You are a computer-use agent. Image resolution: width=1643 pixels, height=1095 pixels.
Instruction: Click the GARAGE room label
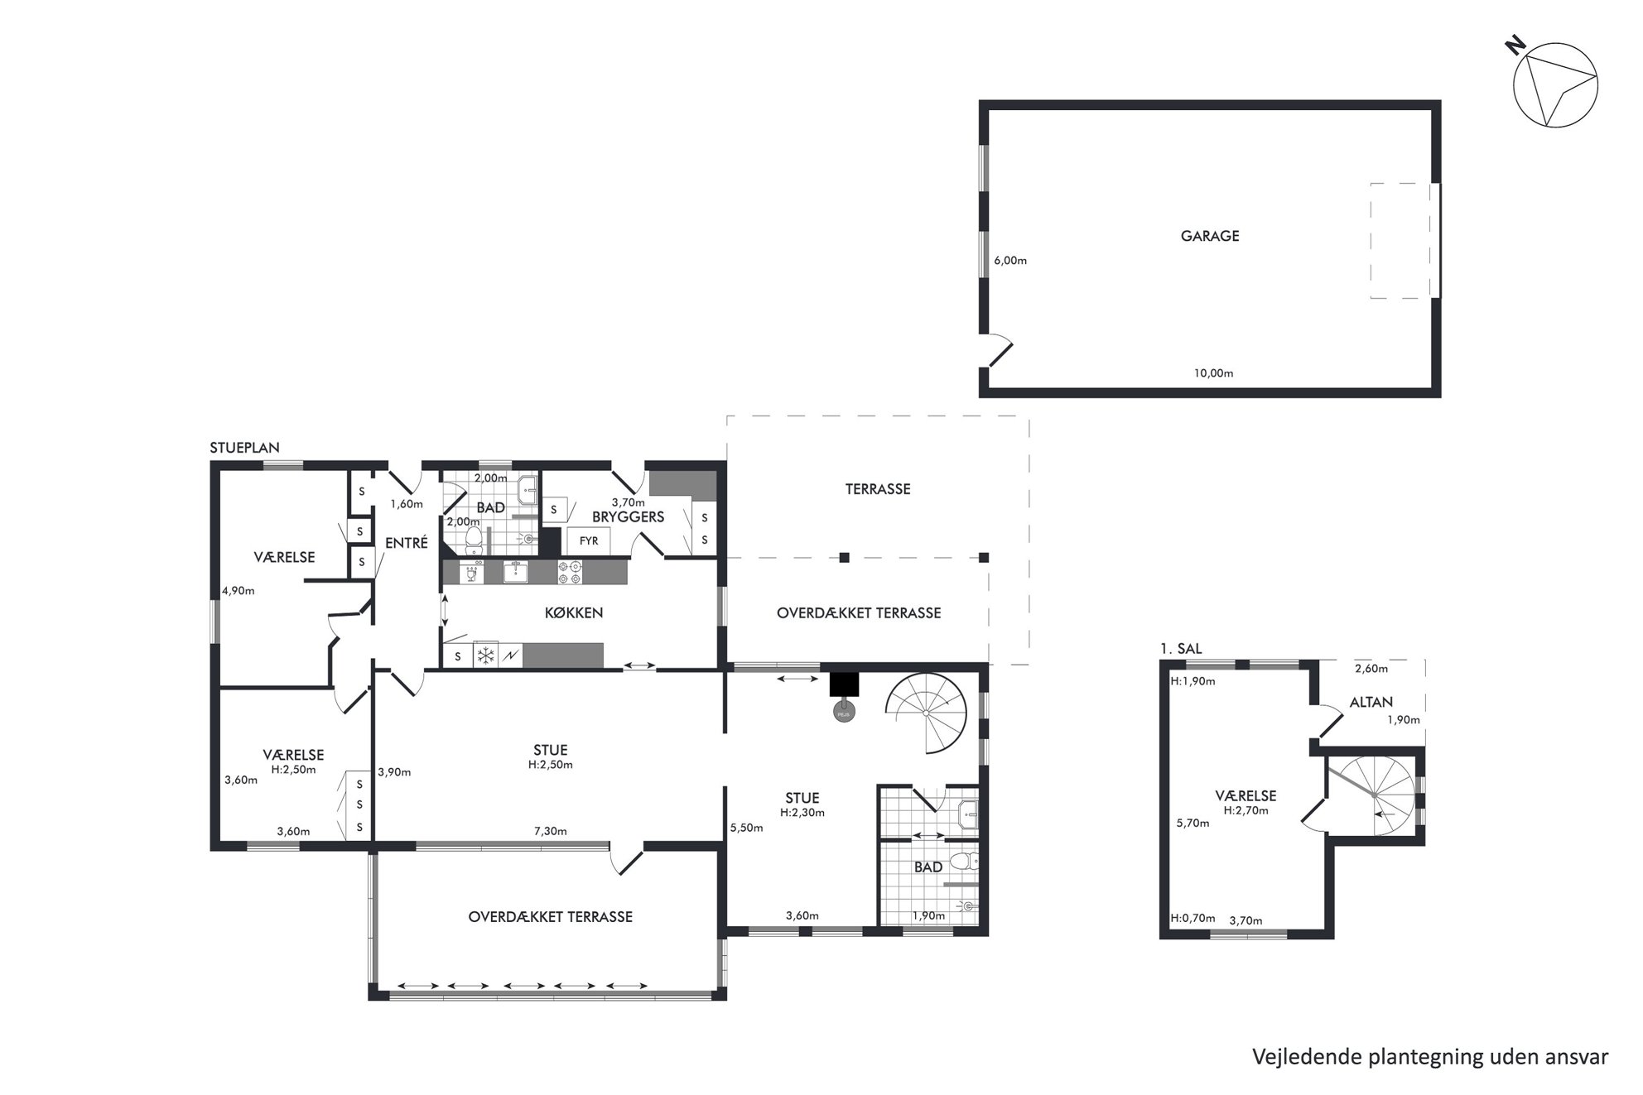coord(1209,236)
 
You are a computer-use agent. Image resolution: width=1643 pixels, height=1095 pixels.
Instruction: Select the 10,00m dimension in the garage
coord(1213,373)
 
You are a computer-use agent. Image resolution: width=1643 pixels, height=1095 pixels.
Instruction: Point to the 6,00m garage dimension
coord(1010,261)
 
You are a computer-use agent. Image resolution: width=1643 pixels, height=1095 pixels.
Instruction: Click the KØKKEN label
coord(574,613)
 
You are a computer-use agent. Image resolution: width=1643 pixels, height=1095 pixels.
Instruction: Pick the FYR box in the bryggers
coord(589,541)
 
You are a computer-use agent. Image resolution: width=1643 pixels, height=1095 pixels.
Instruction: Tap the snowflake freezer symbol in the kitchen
coord(484,656)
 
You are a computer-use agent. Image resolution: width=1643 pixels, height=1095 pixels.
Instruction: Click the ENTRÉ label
coord(407,544)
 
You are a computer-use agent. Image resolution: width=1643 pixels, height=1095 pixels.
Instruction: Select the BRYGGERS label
coord(628,517)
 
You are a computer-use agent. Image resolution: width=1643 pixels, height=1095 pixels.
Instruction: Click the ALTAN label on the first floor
coord(1371,702)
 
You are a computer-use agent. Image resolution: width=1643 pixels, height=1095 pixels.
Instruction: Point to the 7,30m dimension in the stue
coord(550,831)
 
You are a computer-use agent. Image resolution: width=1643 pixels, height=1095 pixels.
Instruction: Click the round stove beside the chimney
coord(844,713)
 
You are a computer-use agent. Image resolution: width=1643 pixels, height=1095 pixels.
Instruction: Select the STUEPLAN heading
coord(244,448)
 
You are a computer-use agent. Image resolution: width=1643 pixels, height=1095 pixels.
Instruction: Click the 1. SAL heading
coord(1181,649)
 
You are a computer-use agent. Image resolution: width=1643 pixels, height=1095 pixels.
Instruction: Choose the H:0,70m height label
coord(1192,918)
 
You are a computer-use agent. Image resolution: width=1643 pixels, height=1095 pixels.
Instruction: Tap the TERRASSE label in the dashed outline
coord(878,489)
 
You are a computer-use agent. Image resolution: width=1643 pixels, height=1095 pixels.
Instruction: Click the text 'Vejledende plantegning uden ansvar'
coord(1430,1057)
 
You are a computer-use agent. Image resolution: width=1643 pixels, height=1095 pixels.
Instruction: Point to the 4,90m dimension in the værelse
coord(238,591)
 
